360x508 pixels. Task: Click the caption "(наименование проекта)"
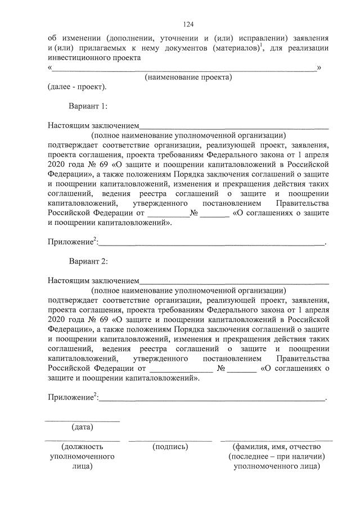pos(188,77)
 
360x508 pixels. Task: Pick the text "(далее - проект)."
pos(76,87)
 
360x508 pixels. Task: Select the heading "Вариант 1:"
pos(88,106)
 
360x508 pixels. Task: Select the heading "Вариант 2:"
pos(88,261)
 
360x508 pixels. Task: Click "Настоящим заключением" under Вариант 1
pos(93,126)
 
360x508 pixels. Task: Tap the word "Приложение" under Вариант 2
pos(70,397)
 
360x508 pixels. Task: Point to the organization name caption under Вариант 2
pos(188,291)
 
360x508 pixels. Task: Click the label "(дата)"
pos(82,428)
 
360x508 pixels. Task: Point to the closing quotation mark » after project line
pos(319,68)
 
